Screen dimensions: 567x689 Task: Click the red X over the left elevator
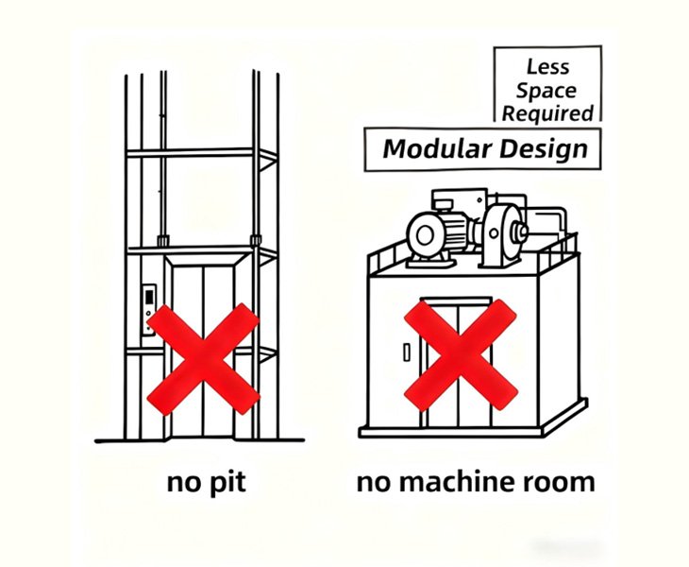click(x=202, y=357)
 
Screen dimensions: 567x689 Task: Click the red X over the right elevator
click(x=460, y=354)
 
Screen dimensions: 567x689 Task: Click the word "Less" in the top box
click(x=548, y=68)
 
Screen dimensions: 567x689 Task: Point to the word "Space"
click(x=548, y=91)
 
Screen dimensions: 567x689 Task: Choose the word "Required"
click(x=548, y=113)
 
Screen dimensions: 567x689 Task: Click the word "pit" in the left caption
click(x=226, y=482)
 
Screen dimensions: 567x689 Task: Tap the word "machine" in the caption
click(x=454, y=482)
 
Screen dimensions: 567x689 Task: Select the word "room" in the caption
click(x=559, y=482)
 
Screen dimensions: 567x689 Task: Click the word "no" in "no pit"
click(x=182, y=482)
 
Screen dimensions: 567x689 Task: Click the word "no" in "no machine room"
click(x=372, y=482)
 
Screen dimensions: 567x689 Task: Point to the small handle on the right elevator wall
click(x=407, y=352)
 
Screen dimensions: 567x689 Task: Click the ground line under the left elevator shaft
click(x=200, y=440)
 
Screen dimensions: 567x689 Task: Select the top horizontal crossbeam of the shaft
click(x=200, y=153)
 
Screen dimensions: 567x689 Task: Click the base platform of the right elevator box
click(x=472, y=427)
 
